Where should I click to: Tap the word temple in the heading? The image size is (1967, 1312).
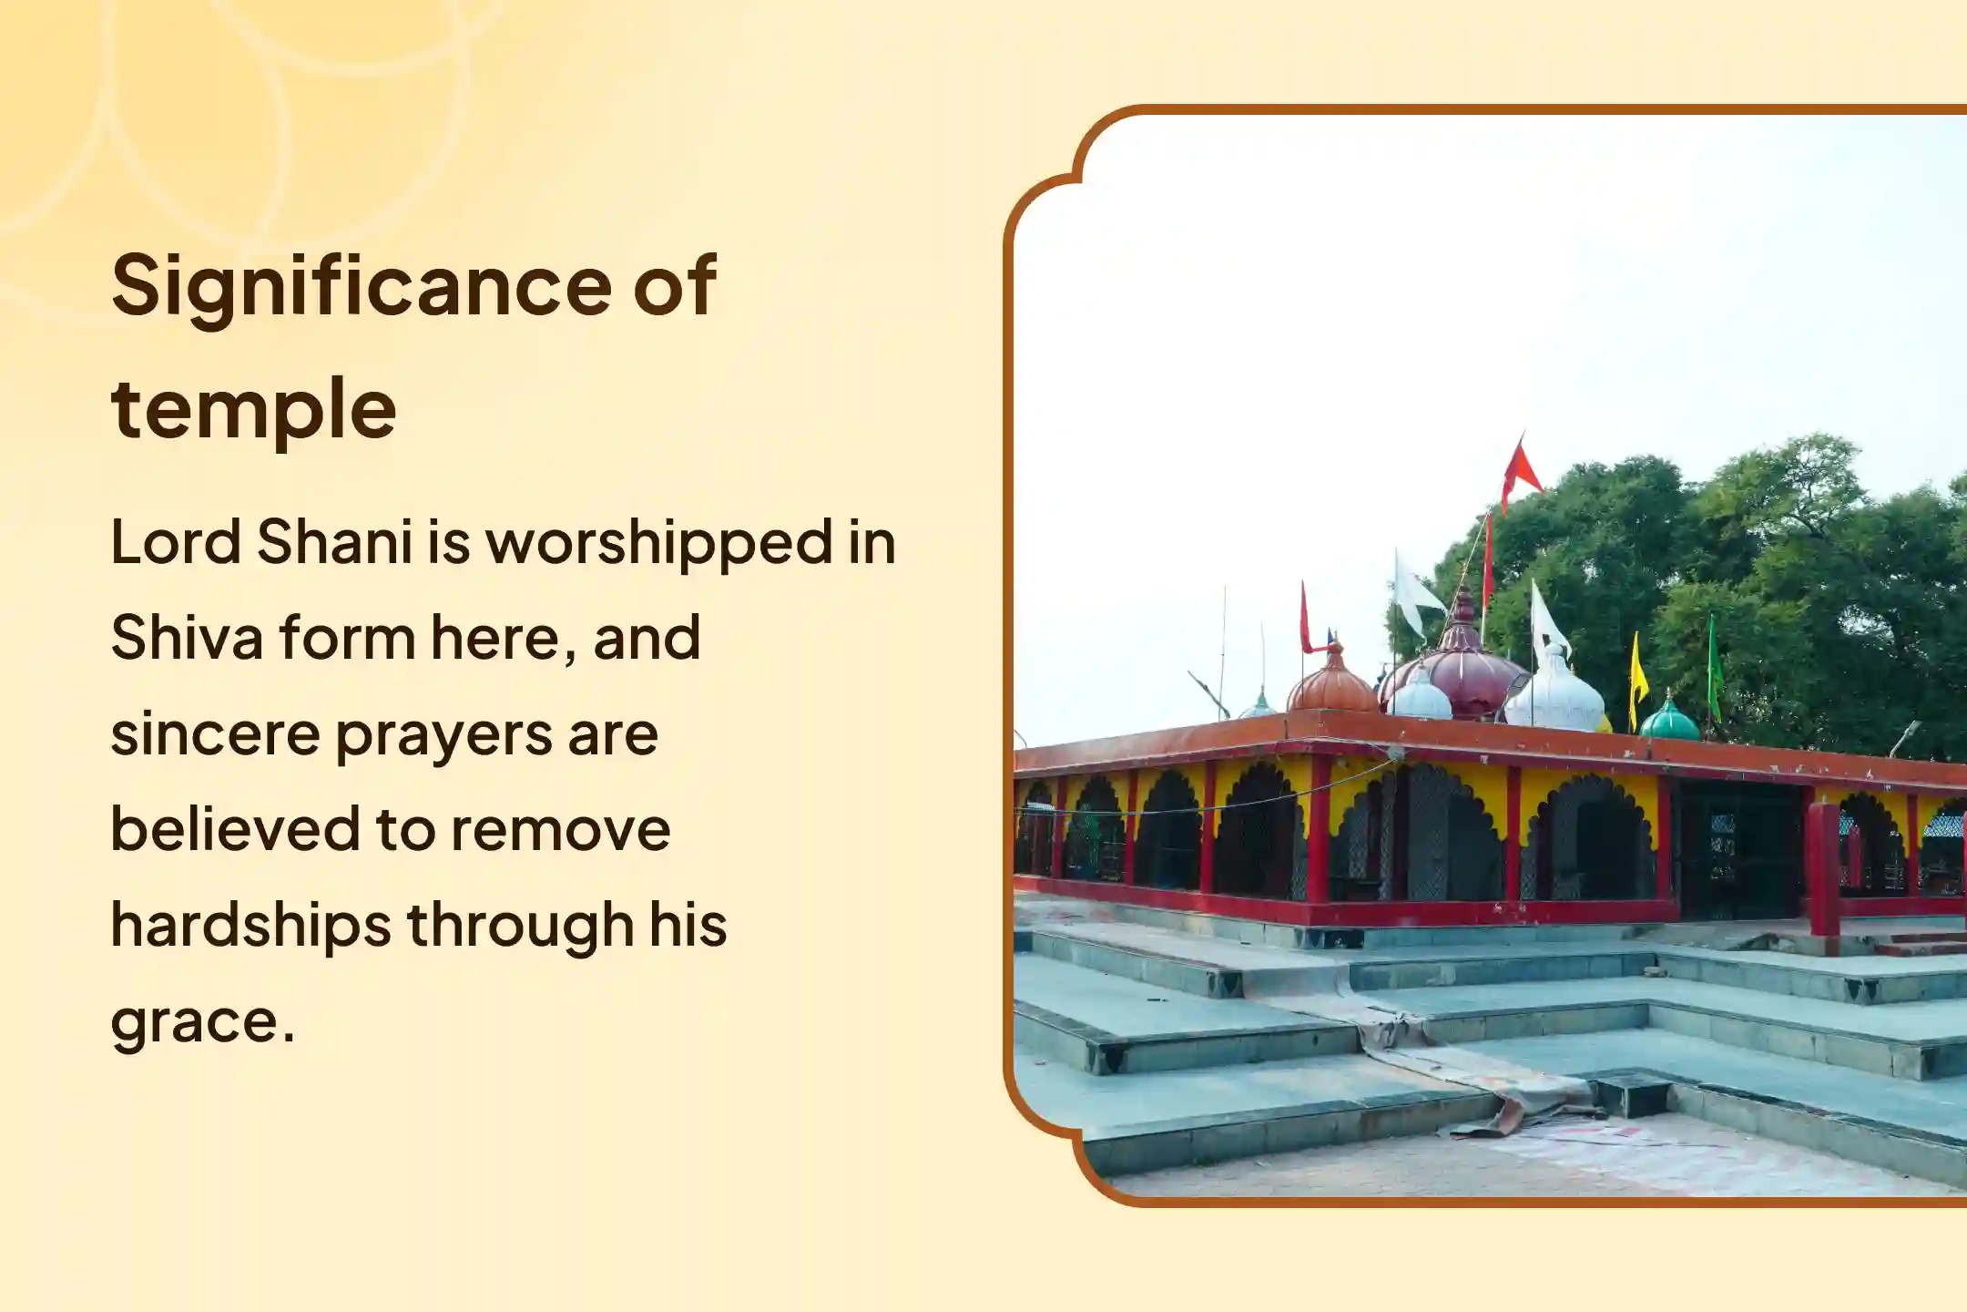click(253, 410)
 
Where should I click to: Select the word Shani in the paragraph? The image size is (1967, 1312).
click(334, 542)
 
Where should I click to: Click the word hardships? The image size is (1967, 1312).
click(250, 926)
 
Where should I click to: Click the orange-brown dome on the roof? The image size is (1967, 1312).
click(1331, 683)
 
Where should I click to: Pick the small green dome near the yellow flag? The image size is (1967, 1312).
click(1668, 720)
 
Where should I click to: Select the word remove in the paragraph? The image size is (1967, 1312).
click(560, 829)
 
